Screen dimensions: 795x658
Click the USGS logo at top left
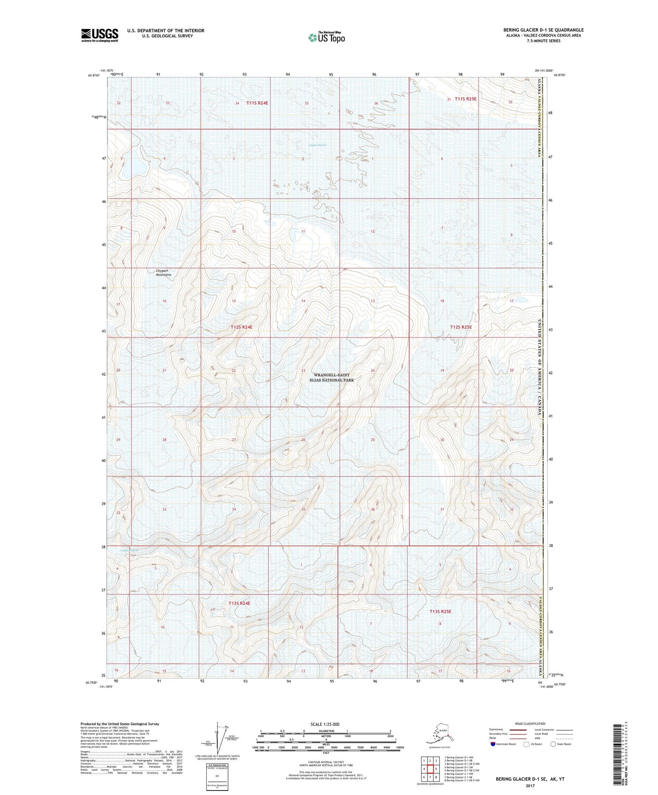pyautogui.click(x=99, y=35)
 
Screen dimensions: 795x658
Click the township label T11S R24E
pyautogui.click(x=257, y=103)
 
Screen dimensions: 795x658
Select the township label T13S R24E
pyautogui.click(x=239, y=603)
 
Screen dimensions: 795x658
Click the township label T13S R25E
pyautogui.click(x=440, y=612)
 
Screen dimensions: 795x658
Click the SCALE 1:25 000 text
pyautogui.click(x=325, y=724)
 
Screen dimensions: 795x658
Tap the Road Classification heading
pyautogui.click(x=530, y=724)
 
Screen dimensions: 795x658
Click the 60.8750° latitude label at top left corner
pyautogui.click(x=92, y=75)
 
